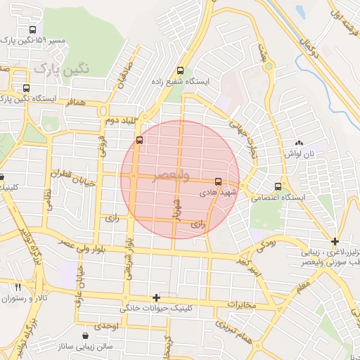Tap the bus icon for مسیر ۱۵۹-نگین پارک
click(x=32, y=30)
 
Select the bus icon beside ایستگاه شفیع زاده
click(x=181, y=70)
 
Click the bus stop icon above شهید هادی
click(x=218, y=181)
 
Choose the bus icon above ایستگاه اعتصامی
click(x=279, y=186)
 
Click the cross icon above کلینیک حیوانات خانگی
click(x=157, y=298)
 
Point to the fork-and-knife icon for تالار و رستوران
click(x=18, y=288)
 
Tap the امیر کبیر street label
click(x=250, y=263)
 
